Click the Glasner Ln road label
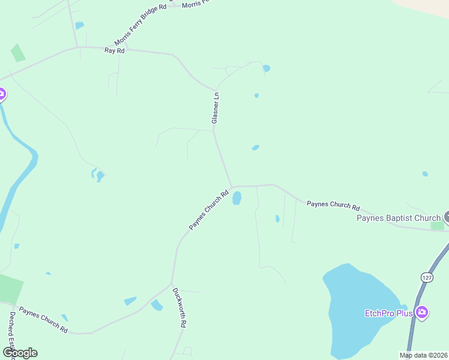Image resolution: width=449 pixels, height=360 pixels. point(215,108)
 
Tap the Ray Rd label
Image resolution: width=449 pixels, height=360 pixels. point(114,51)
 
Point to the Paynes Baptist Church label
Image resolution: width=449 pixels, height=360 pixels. point(399,218)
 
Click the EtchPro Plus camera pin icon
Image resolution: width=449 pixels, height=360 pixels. point(422,312)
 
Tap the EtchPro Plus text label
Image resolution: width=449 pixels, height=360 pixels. point(389,313)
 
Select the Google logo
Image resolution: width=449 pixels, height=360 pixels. point(20,353)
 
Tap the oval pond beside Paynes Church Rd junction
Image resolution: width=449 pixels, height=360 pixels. point(237,198)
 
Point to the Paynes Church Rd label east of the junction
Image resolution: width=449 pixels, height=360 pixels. point(333,205)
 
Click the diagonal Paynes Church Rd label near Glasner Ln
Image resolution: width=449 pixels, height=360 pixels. point(209,210)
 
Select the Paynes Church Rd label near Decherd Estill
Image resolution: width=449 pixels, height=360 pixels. point(43,320)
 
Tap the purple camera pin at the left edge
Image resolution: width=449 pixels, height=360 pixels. point(2,94)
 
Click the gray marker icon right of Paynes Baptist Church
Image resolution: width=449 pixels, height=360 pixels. point(447,217)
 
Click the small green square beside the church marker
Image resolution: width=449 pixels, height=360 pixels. point(438,226)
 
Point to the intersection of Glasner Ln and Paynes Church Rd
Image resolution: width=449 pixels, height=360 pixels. point(232,187)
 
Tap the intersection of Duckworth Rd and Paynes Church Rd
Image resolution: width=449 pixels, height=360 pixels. point(172,284)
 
